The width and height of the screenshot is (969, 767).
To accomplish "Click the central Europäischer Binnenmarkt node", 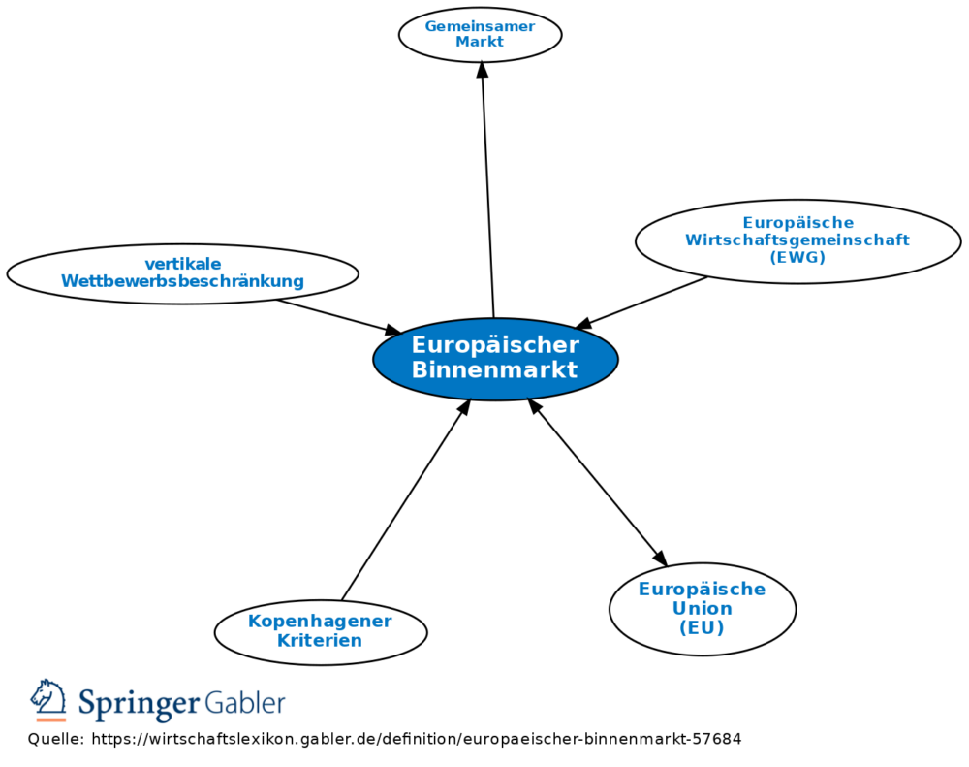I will point(495,359).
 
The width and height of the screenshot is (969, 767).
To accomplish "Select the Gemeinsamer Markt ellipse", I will point(480,35).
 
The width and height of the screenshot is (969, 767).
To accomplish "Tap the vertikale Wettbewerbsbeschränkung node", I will point(182,273).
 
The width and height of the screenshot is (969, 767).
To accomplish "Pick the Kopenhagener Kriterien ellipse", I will point(320,631).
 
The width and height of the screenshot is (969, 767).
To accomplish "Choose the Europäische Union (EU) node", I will point(702,609).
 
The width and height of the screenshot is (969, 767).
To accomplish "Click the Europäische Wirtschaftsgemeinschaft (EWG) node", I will point(797,241).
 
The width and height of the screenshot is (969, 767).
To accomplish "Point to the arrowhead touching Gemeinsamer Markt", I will point(482,70).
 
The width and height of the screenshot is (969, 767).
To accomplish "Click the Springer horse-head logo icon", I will point(48,698).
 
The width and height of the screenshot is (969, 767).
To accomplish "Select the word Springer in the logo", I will point(139,703).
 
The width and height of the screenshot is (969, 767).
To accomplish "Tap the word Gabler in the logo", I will point(245,702).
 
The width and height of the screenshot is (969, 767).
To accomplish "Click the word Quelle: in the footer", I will point(55,739).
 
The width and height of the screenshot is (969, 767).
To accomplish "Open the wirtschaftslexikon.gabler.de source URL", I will point(416,739).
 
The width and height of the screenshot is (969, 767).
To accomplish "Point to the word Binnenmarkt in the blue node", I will point(494,370).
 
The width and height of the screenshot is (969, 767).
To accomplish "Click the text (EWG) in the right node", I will point(797,258).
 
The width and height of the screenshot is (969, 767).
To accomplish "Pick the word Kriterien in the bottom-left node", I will point(320,641).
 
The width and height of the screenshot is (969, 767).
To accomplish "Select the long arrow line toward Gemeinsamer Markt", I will point(487,194).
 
